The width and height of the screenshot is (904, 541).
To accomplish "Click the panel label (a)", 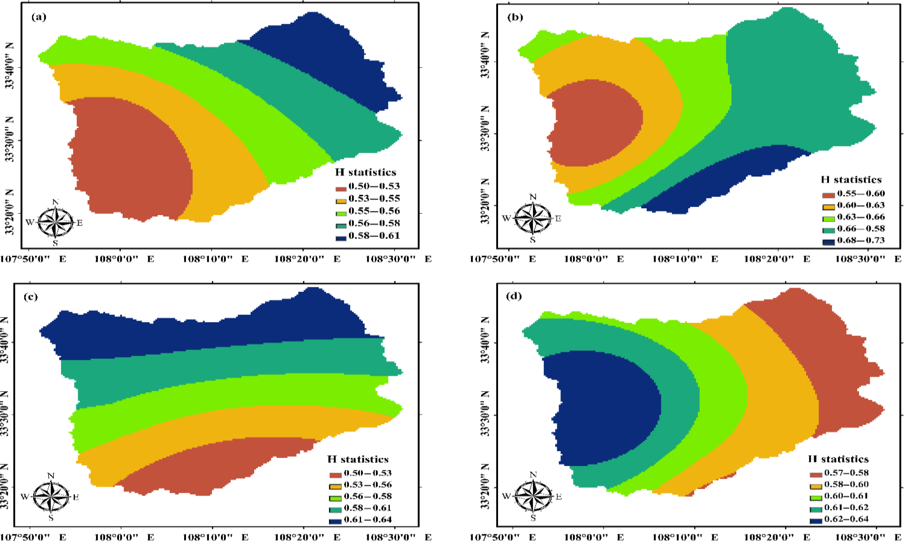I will coord(39,17).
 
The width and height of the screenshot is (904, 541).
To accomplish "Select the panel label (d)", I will coord(514,296).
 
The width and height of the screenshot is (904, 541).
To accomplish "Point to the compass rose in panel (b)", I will coord(533,218).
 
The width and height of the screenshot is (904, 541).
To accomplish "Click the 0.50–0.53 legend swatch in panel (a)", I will coord(341,189).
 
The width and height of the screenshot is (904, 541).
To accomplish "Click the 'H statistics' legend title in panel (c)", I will coord(357,459).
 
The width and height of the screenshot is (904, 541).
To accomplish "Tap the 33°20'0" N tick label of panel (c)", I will coord(4,487).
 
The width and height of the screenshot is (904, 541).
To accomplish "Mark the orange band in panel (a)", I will coord(216,148).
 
